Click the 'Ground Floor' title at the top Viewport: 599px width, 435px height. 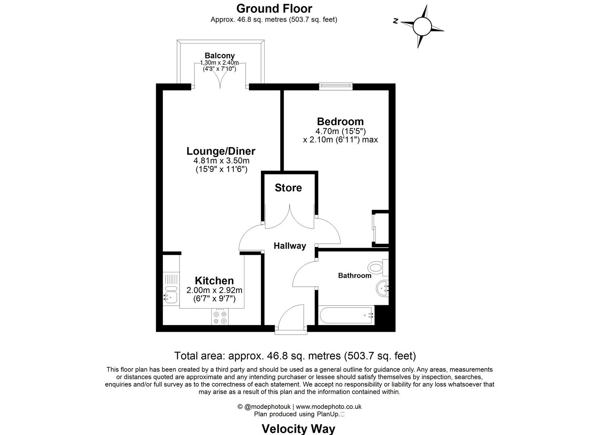[x=274, y=8]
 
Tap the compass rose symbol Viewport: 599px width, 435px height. [x=422, y=27]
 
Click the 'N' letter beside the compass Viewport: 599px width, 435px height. [x=396, y=21]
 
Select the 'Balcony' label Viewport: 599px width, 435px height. [x=219, y=56]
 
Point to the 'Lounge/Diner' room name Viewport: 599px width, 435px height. [x=221, y=151]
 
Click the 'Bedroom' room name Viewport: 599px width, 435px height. [x=340, y=121]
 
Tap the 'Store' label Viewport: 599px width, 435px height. [x=288, y=188]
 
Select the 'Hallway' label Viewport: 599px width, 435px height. [x=290, y=246]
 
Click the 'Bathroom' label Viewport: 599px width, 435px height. [x=355, y=275]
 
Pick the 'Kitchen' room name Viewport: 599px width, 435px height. [x=214, y=281]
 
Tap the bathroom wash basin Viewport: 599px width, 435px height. [x=382, y=288]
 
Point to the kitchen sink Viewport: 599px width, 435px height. [x=170, y=297]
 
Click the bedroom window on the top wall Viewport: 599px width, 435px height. [x=336, y=86]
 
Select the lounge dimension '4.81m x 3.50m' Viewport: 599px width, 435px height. [x=221, y=161]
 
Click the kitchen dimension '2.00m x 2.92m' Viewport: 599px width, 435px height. [x=214, y=290]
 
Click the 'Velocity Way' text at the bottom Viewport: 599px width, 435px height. [x=298, y=429]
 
